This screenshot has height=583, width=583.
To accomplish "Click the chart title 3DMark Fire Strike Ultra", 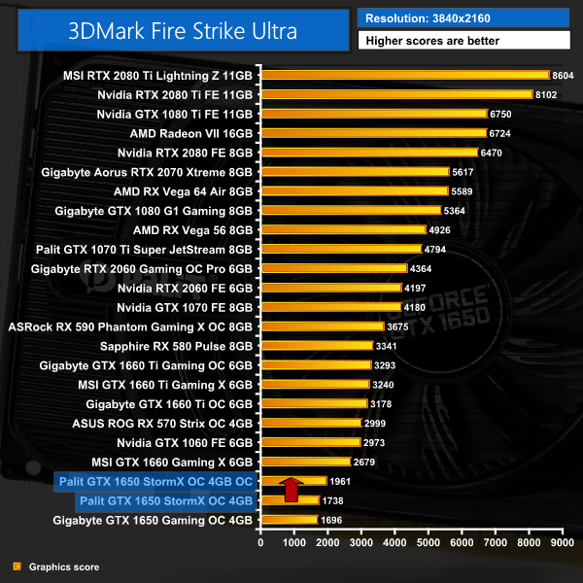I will click(182, 29).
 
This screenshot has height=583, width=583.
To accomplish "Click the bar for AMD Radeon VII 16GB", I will click(373, 133).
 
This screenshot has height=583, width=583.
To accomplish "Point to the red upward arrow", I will click(290, 489).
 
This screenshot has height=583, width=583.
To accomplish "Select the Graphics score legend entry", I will click(57, 566).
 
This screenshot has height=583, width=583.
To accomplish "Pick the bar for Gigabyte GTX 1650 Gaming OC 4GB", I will click(288, 519).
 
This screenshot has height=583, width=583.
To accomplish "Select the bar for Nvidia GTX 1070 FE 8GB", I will click(330, 307).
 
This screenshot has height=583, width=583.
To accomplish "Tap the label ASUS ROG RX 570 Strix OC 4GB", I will click(162, 423).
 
